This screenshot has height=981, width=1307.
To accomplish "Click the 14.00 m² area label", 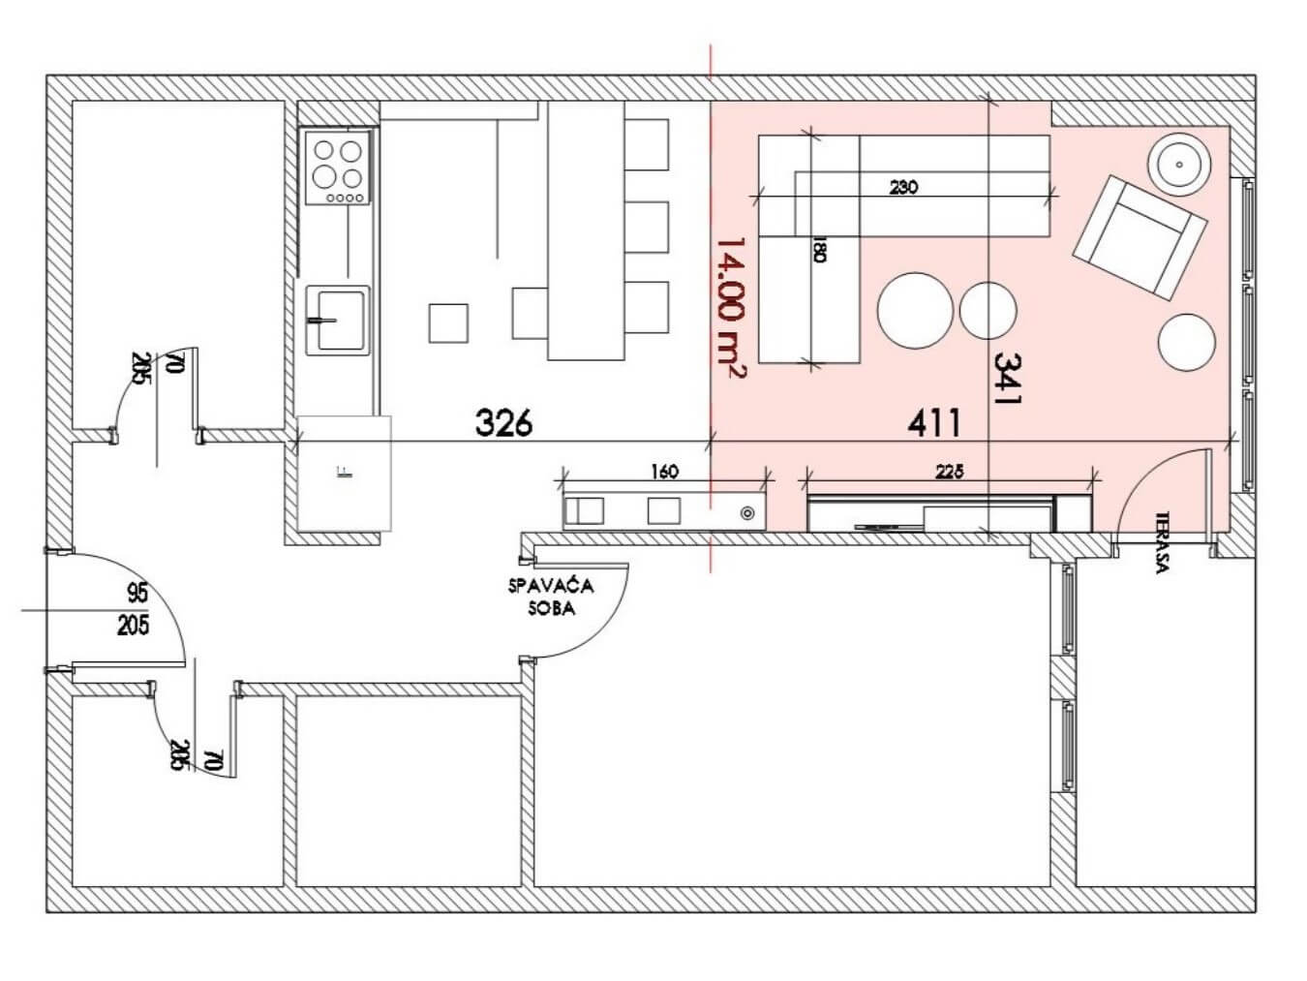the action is [x=730, y=309].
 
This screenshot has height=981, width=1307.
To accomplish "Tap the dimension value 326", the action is [x=503, y=423].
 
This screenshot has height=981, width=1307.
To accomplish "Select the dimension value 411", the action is [x=933, y=423].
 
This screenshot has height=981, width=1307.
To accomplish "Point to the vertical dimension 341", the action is [x=1008, y=379].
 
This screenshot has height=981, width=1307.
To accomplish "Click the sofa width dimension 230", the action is [x=903, y=188].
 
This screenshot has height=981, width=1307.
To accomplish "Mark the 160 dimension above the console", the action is [x=664, y=473].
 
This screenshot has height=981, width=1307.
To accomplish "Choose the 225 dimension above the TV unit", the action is [x=949, y=473].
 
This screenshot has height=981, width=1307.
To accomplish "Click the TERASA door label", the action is [x=1161, y=542].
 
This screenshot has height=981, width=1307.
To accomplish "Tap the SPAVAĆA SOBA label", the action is [x=551, y=598].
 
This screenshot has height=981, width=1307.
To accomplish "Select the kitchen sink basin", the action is [x=338, y=320].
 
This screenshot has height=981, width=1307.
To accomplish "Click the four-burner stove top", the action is [x=338, y=169].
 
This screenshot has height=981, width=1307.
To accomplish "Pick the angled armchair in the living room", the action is [x=1140, y=238].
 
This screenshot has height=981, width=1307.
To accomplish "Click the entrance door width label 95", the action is [x=137, y=594].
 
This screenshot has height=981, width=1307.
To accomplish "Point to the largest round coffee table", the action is [x=915, y=310].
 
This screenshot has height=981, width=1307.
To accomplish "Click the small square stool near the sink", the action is [x=448, y=323].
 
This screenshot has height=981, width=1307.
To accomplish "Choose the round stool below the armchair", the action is [x=1187, y=343].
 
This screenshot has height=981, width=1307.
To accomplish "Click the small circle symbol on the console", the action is [x=747, y=513].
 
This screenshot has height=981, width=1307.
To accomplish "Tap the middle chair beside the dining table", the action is [x=647, y=228].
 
